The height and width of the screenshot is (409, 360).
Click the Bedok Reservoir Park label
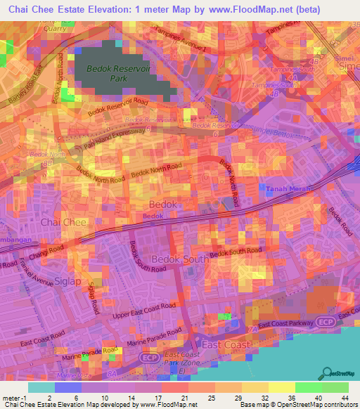click(x=108, y=74)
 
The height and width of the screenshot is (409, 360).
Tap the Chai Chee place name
click(x=63, y=222)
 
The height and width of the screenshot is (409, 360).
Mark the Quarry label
click(x=55, y=29)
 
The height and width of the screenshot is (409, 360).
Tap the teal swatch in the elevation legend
click(x=41, y=387)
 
